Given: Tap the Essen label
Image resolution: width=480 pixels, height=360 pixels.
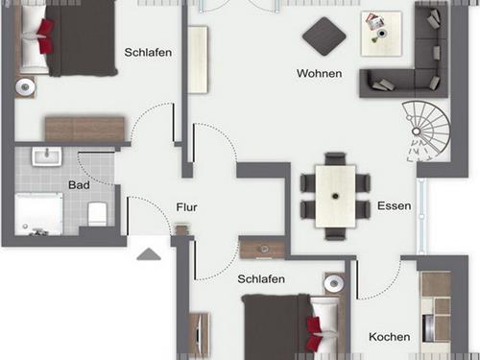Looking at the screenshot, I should point(394,206).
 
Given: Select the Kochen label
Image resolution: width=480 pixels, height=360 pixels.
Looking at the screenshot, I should point(390,337).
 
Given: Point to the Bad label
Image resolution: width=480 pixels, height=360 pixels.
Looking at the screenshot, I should point(79,184).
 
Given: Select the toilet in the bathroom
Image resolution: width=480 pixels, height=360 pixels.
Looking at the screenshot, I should point(97,213).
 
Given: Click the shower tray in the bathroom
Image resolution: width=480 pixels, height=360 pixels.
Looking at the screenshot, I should point(39,214).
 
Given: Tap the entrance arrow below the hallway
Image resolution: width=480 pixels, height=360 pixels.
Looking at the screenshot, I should point(148,254).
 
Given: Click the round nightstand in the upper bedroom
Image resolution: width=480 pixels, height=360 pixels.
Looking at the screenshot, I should point(25,86).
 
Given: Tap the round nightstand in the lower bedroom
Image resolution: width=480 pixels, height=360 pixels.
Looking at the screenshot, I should point(333,285).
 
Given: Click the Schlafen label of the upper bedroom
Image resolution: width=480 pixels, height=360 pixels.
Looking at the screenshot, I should point(148,53).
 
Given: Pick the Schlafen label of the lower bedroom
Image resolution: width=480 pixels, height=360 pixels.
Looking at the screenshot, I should point(261,278).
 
